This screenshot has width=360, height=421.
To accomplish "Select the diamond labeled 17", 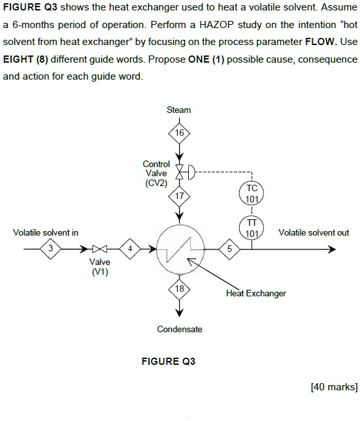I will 178,195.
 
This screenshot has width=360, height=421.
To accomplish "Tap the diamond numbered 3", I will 50,249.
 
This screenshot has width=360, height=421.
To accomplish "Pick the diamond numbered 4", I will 129,249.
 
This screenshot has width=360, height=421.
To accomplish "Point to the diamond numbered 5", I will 229,249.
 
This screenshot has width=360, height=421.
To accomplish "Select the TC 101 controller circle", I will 252,193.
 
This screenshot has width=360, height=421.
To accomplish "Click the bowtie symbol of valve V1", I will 99,249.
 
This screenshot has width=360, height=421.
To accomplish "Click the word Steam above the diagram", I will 178,110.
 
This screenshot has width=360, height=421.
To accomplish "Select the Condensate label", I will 180,329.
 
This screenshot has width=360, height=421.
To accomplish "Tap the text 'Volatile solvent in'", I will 46,232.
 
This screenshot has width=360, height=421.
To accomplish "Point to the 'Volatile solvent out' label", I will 314,232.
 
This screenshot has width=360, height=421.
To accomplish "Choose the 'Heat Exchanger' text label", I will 256,293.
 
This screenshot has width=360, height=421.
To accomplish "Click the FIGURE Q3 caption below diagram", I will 169,361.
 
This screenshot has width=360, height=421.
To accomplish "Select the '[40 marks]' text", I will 334,387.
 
